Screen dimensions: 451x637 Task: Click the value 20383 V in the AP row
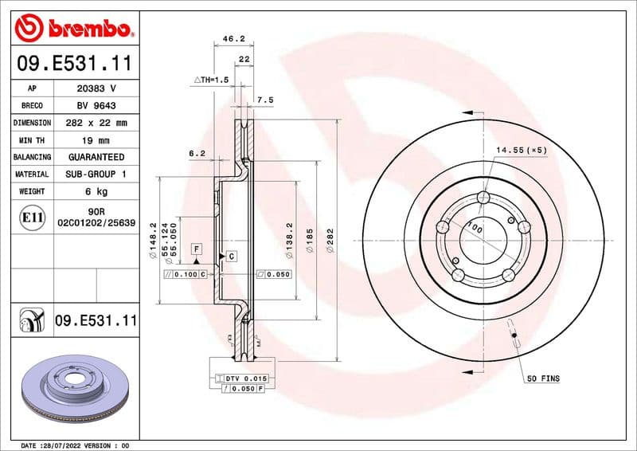(x=96, y=88)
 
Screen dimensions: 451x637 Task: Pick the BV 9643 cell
(x=96, y=106)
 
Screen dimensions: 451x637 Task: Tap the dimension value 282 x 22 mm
(x=96, y=123)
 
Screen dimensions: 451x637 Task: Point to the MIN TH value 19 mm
(x=96, y=140)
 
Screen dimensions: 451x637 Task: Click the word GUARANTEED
(x=96, y=157)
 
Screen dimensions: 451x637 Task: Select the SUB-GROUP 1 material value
(x=96, y=174)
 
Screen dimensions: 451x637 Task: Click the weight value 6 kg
(x=96, y=191)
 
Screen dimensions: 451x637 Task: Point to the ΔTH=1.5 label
(x=212, y=80)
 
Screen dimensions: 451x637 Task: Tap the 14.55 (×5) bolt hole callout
(x=522, y=150)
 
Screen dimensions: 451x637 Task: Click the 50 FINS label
(x=543, y=379)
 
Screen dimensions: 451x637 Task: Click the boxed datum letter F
(x=195, y=249)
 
